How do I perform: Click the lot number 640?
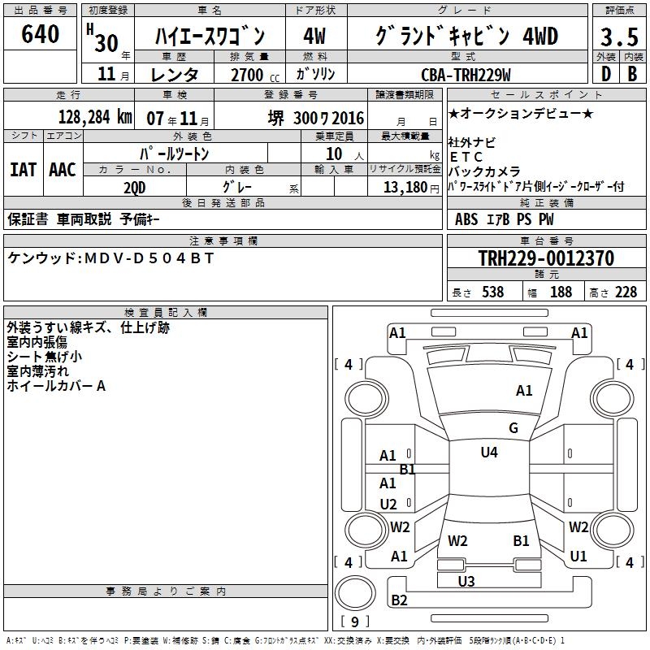click(x=41, y=35)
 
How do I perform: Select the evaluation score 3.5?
click(x=619, y=37)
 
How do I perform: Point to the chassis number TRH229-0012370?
click(x=546, y=259)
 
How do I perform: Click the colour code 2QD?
click(x=135, y=187)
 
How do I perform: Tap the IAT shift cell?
click(x=24, y=169)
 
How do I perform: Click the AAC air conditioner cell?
click(x=63, y=169)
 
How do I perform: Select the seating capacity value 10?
click(x=334, y=153)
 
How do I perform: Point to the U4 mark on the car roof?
click(x=489, y=453)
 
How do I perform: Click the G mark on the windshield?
click(x=513, y=428)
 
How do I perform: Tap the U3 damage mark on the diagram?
click(x=466, y=581)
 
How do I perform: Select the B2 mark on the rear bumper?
click(x=400, y=600)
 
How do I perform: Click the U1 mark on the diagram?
click(x=578, y=557)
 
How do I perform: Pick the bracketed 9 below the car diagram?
click(x=354, y=622)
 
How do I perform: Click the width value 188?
click(x=561, y=292)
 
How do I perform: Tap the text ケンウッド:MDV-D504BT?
click(x=111, y=258)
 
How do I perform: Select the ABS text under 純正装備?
click(x=466, y=219)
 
